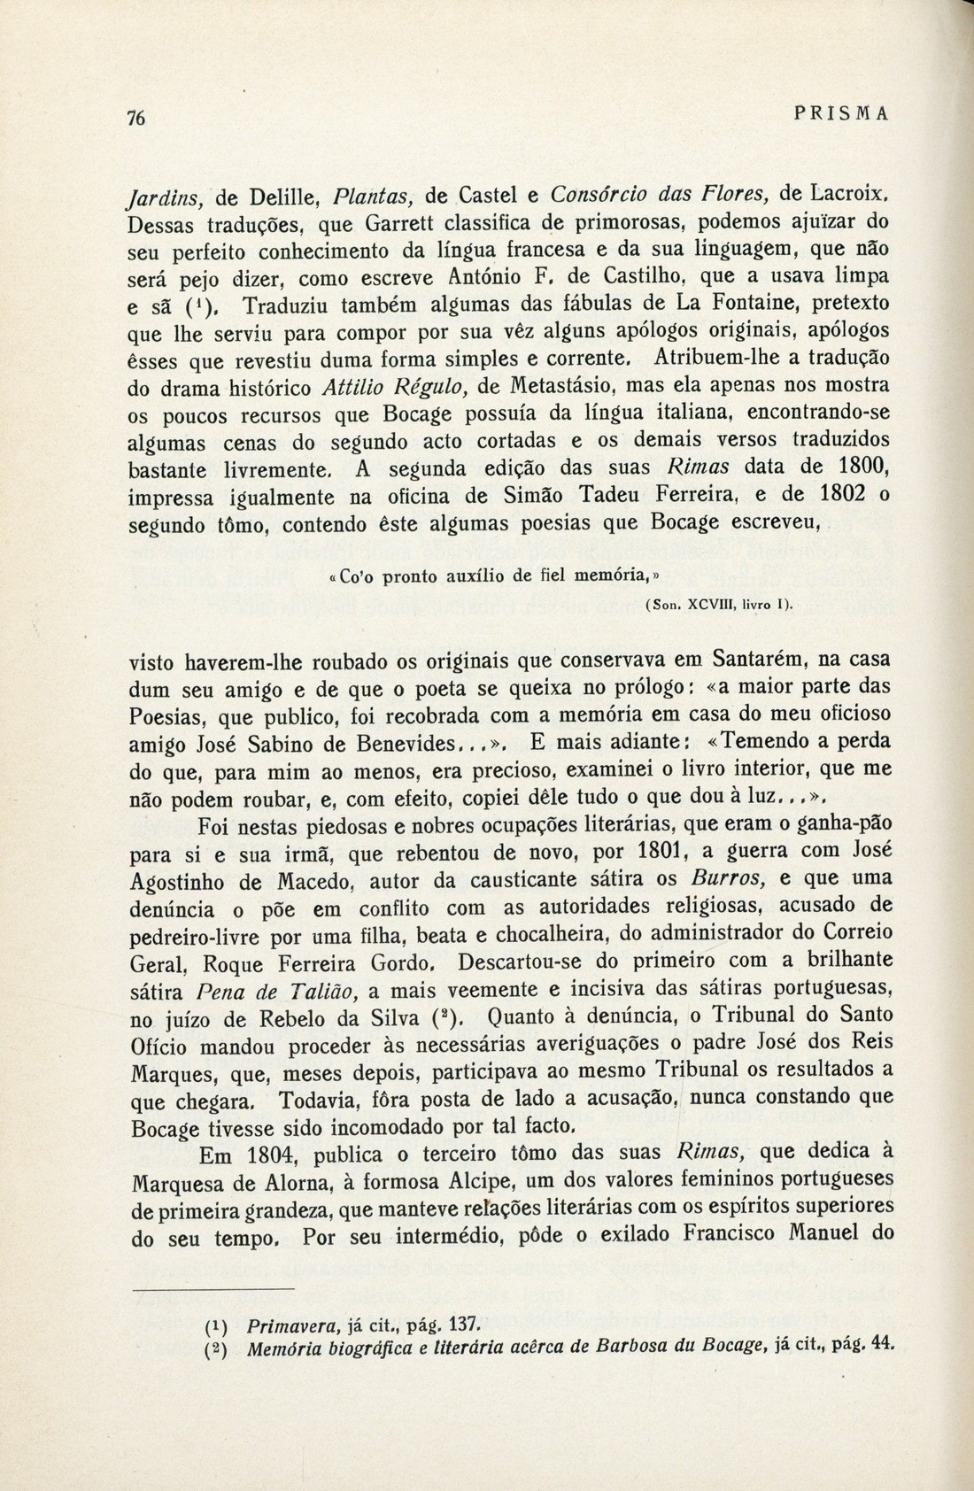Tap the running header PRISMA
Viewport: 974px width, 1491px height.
841,113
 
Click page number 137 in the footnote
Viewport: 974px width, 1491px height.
464,1325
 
